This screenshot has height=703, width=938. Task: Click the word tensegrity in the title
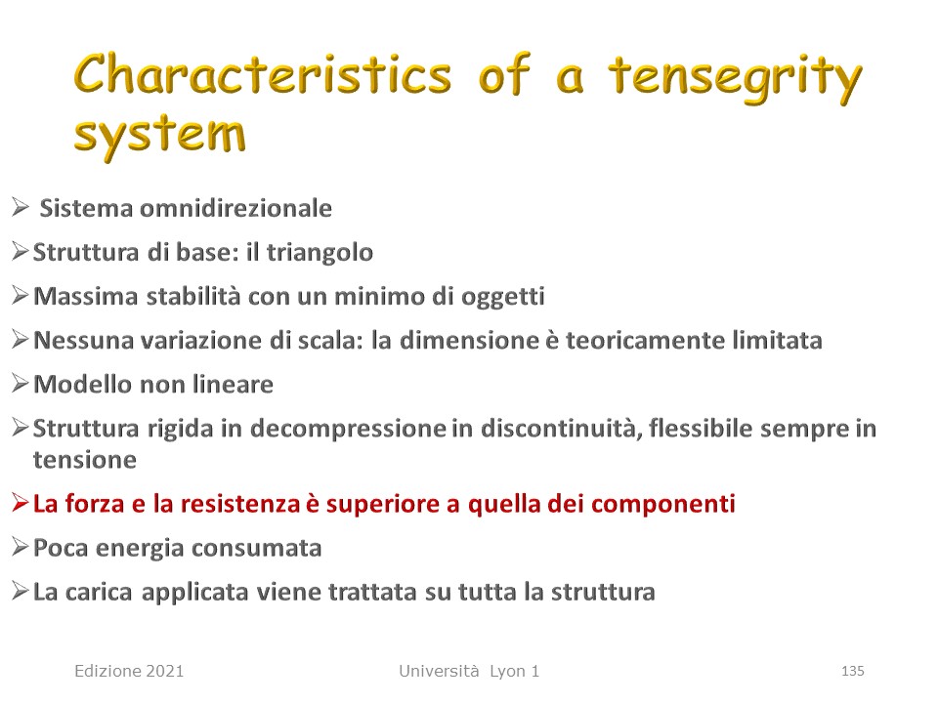pos(736,79)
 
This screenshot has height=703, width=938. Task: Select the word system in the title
pos(159,137)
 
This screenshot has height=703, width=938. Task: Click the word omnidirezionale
pos(235,208)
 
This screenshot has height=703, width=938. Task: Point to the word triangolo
pos(320,253)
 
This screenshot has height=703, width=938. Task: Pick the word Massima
pos(86,296)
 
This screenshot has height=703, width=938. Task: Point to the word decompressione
pos(348,429)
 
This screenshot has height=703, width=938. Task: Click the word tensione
pos(85,460)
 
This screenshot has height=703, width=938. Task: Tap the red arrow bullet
pos(20,504)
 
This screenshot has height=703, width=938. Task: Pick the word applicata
pos(194,593)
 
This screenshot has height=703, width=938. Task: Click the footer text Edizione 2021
pos(129,672)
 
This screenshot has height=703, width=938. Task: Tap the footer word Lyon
pos(507,672)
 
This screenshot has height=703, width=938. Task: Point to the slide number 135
pos(852,672)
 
